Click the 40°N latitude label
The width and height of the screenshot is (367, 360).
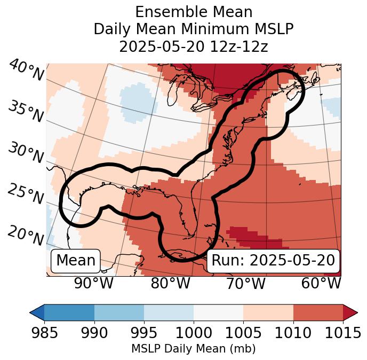tap(26, 71)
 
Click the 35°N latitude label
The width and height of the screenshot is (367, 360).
tap(25, 112)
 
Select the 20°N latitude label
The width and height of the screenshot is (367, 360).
tap(25, 235)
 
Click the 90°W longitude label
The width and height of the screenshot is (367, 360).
tap(94, 284)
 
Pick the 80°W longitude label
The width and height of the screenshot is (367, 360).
tap(170, 284)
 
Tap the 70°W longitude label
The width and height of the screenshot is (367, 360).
tap(245, 284)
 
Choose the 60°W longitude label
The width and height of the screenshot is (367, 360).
tap(321, 284)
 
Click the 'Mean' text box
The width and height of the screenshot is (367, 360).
tap(76, 261)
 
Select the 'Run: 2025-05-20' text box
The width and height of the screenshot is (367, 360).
tap(273, 261)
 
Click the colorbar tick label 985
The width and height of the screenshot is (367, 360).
tap(44, 333)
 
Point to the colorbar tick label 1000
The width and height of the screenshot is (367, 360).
tap(194, 333)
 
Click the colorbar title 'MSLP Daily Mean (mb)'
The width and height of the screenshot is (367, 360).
tap(194, 349)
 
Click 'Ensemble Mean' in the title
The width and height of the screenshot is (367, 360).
tap(194, 12)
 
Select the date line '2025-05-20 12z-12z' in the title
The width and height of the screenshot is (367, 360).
tap(194, 46)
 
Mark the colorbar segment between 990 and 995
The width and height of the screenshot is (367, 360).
tap(119, 312)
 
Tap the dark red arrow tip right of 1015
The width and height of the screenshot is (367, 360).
tap(350, 312)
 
